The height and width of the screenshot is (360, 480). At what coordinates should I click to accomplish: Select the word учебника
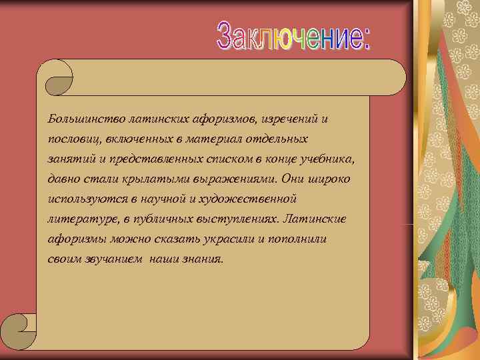coord(331,159)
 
